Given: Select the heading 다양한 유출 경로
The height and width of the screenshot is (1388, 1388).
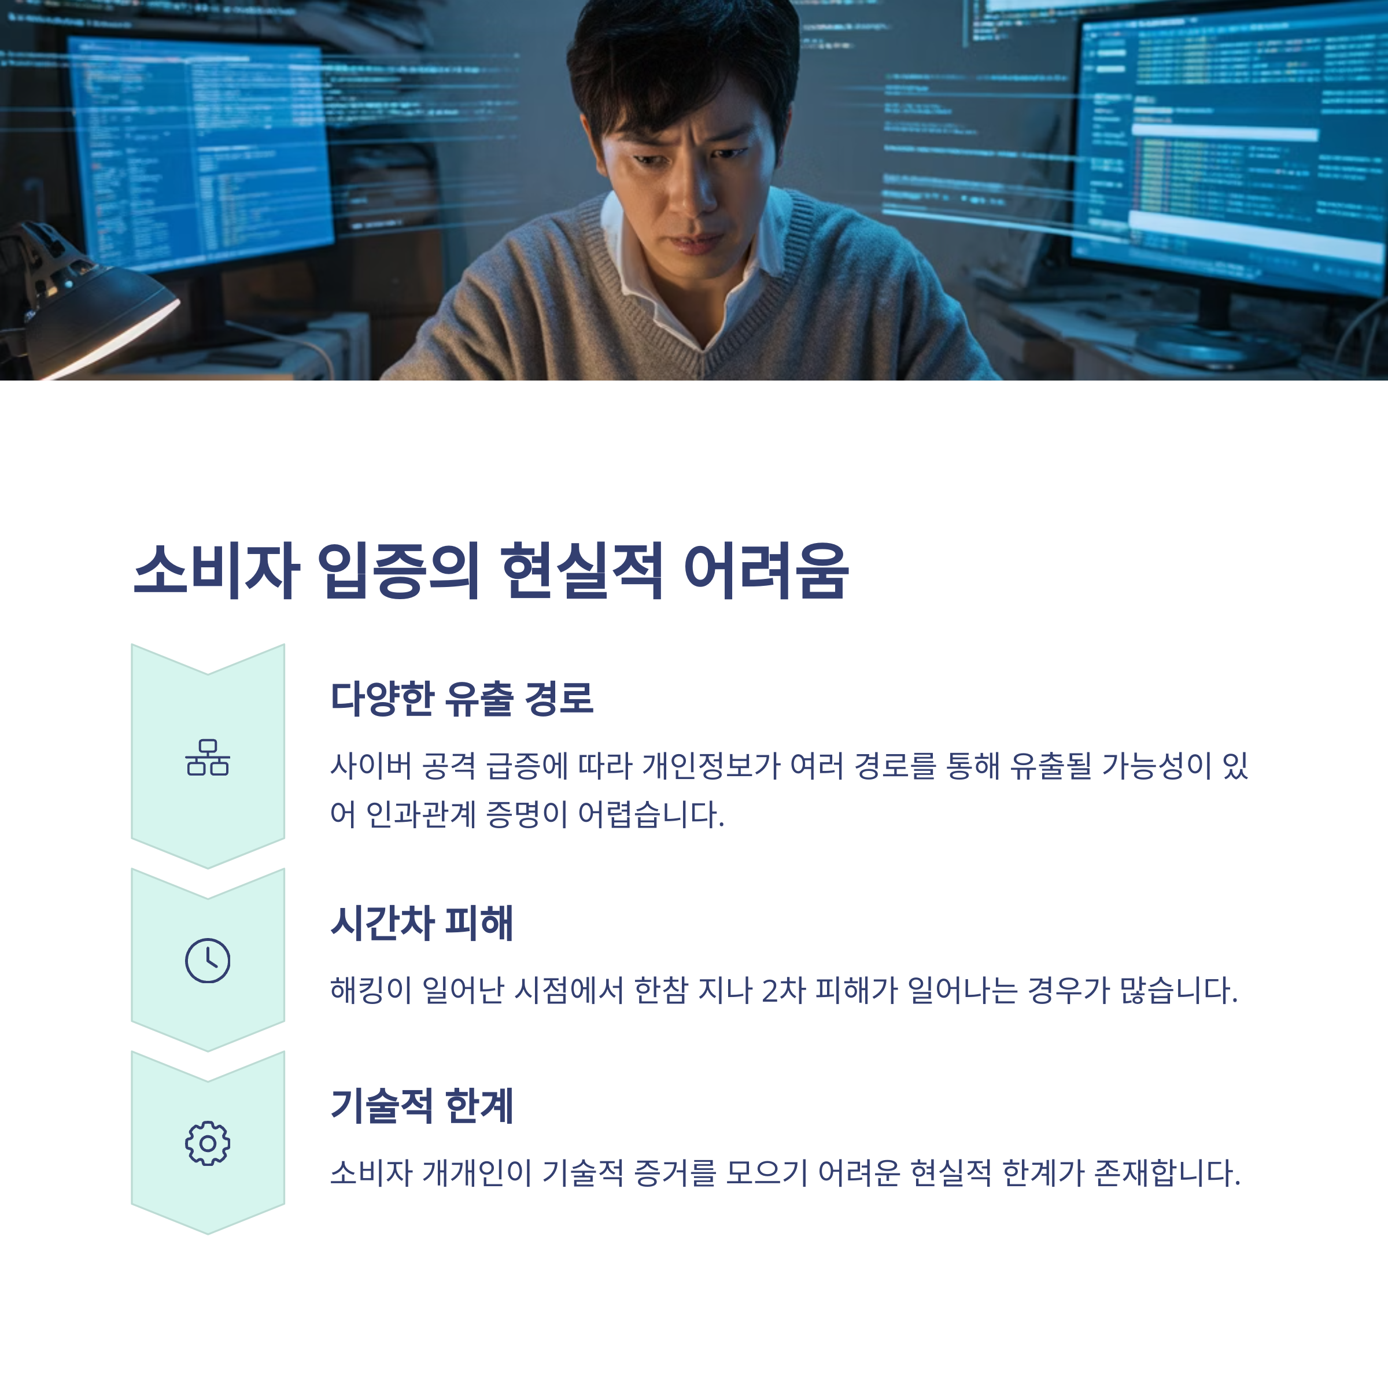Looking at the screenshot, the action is [x=462, y=698].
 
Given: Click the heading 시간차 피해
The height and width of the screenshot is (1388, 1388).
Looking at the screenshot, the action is [x=422, y=923].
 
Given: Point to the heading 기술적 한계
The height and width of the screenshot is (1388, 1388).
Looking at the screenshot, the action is [x=422, y=1106].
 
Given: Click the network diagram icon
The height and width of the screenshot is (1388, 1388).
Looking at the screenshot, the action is [x=208, y=758].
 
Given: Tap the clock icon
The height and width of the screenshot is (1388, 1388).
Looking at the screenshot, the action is [x=208, y=961].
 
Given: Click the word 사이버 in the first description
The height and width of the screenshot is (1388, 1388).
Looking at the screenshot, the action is [x=371, y=766].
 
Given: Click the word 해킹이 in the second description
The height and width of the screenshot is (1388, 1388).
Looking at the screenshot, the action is [x=371, y=991].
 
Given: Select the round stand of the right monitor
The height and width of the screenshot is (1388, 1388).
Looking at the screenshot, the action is [x=1214, y=345].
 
